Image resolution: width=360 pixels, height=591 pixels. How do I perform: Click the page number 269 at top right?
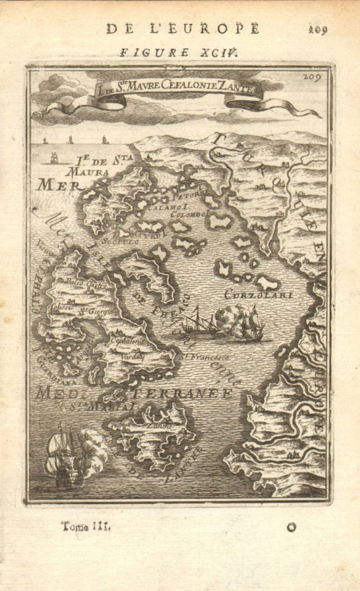click(x=318, y=30)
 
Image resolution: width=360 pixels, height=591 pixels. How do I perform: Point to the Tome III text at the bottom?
click(x=85, y=526)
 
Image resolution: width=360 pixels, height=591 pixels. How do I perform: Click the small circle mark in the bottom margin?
click(x=292, y=526)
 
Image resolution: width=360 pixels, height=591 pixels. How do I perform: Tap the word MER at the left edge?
click(x=50, y=185)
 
